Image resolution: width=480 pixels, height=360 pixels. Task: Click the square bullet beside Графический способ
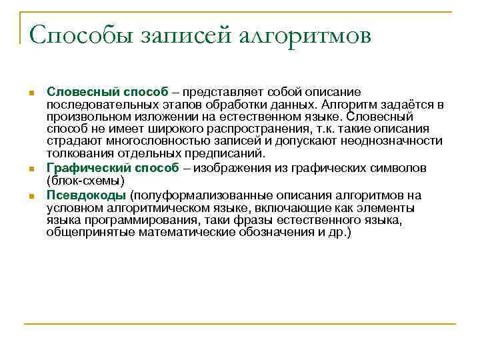pyautogui.click(x=31, y=170)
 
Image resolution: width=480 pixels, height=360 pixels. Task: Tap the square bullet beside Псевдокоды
pyautogui.click(x=31, y=197)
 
